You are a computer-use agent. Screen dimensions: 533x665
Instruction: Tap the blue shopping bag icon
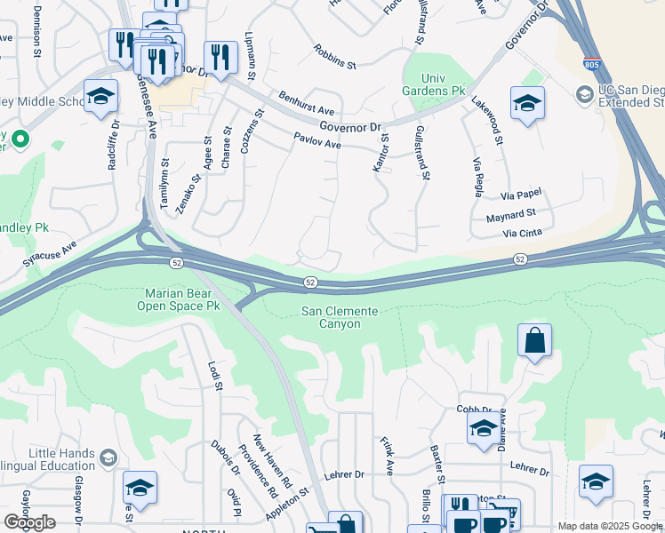[534, 340]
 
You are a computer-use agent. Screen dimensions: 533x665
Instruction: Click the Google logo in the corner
[29, 522]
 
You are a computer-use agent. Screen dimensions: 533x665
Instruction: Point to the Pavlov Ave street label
[317, 141]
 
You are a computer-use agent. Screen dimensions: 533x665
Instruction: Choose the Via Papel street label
[520, 194]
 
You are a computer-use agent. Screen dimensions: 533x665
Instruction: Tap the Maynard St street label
[511, 214]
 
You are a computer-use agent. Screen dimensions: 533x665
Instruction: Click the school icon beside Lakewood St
[527, 103]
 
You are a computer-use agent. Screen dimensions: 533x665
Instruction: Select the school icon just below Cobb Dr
[483, 428]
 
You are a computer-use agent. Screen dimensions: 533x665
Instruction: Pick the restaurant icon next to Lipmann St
[220, 58]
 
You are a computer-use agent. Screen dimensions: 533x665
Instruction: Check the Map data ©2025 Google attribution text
[610, 526]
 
